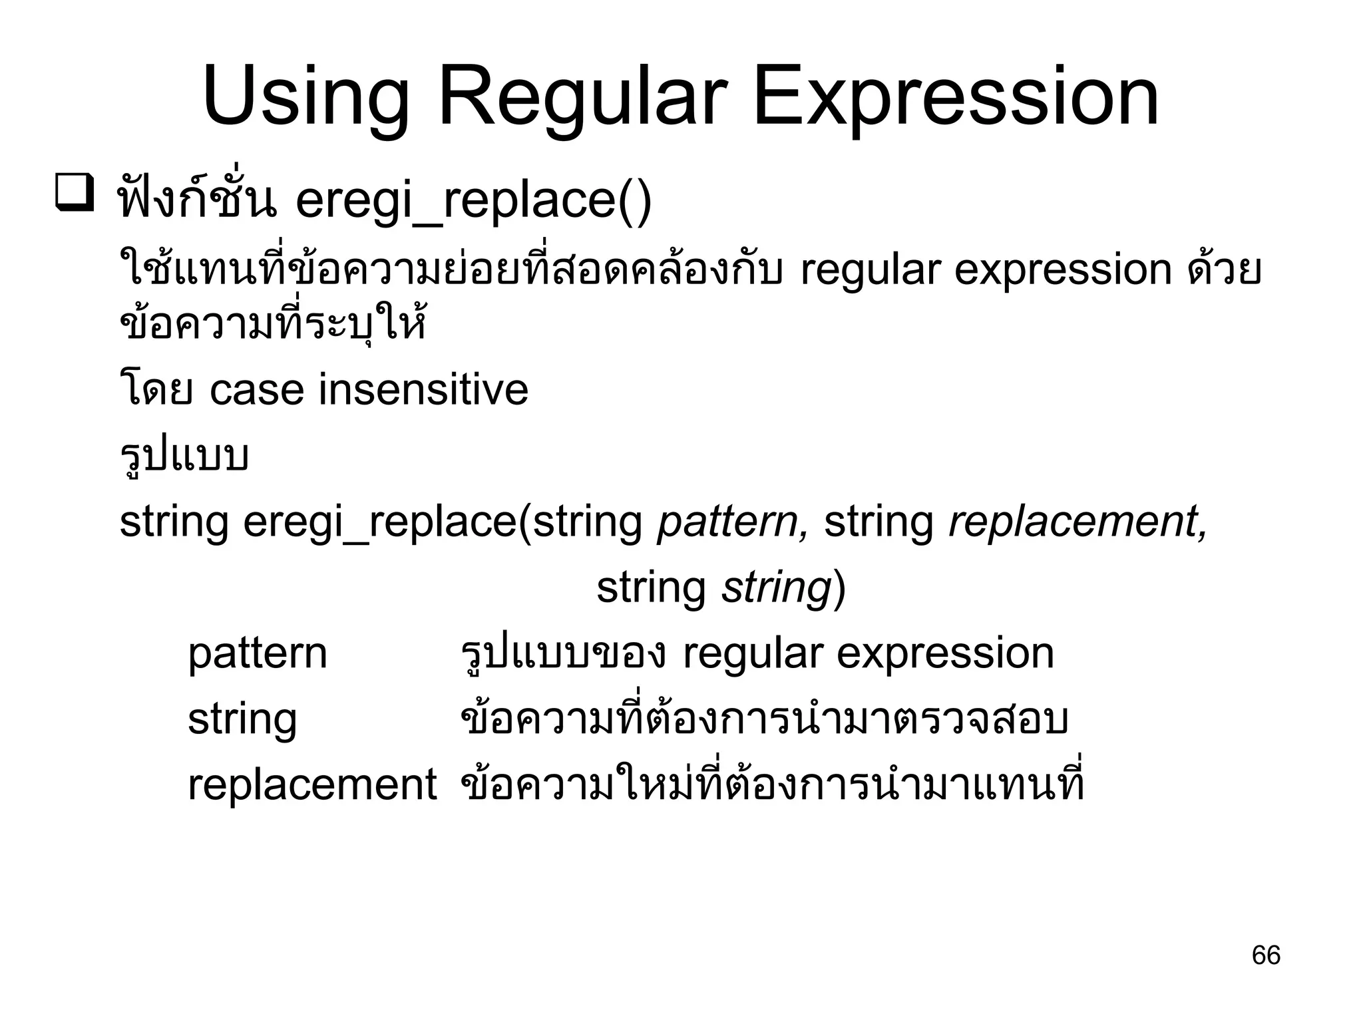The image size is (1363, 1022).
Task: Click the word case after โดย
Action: (x=257, y=390)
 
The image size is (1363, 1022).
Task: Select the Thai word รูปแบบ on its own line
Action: (x=184, y=456)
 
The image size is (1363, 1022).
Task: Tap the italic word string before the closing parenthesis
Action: (x=777, y=588)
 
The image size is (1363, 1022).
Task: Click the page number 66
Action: (x=1265, y=955)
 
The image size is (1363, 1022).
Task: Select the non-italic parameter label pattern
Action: (x=258, y=654)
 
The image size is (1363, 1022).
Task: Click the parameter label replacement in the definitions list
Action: (x=312, y=784)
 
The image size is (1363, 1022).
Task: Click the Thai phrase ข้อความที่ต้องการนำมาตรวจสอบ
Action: (x=764, y=720)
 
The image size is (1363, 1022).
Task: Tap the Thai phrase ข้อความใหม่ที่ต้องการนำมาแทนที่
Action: (x=772, y=784)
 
